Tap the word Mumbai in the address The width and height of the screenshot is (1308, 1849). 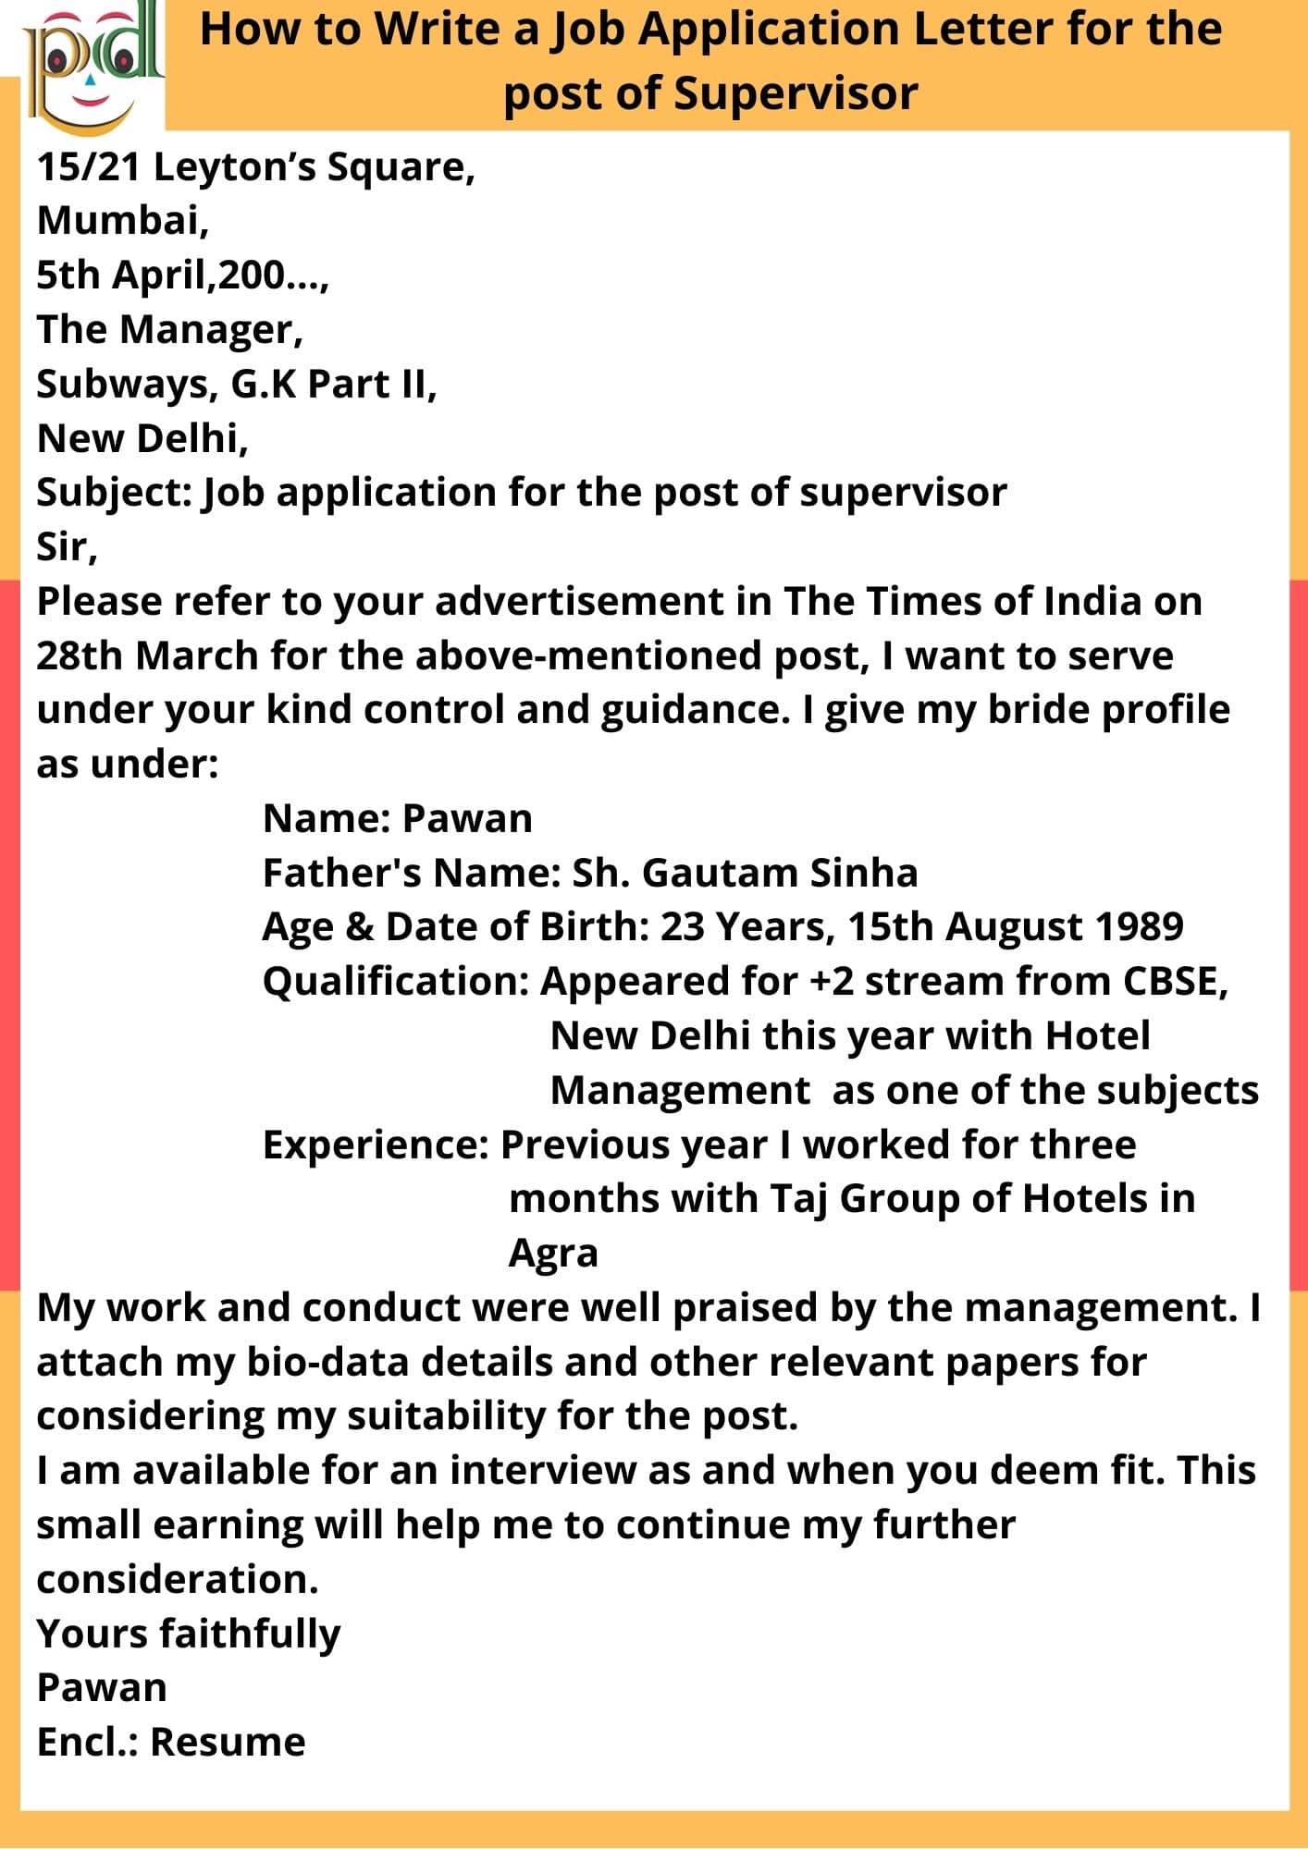coord(122,220)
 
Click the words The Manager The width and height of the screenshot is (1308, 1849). coord(168,329)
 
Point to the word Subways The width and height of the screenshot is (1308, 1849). coord(124,385)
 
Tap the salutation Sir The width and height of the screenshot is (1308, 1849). coord(65,547)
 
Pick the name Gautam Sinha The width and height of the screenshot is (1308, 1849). coord(779,873)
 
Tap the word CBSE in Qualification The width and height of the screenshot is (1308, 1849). coord(1175,982)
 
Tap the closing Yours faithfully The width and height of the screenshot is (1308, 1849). coord(189,1635)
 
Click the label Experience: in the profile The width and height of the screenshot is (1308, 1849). coord(376,1145)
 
